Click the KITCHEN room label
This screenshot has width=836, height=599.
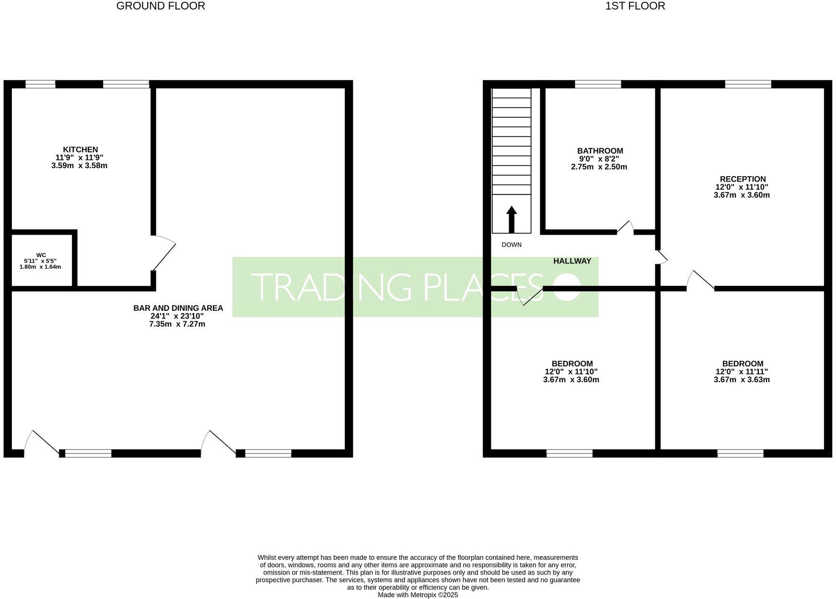[80, 150]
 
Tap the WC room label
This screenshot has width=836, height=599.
[41, 255]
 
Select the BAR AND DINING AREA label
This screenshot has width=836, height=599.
[178, 308]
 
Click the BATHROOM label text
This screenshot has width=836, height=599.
[600, 151]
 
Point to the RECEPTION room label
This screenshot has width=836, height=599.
[742, 179]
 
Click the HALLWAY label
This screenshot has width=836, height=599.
[572, 261]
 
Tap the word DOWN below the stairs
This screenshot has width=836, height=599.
[511, 245]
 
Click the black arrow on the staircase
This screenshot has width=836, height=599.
[511, 219]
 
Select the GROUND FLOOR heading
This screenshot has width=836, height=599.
[161, 6]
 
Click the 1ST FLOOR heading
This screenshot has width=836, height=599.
[635, 6]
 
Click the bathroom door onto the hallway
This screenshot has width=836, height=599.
[625, 228]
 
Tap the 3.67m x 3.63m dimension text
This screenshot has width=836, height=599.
[741, 380]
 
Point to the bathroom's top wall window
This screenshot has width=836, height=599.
[598, 85]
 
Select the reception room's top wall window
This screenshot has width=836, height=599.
[748, 85]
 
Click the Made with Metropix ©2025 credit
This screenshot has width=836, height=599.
[418, 595]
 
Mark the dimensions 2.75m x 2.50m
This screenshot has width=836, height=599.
[599, 167]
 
